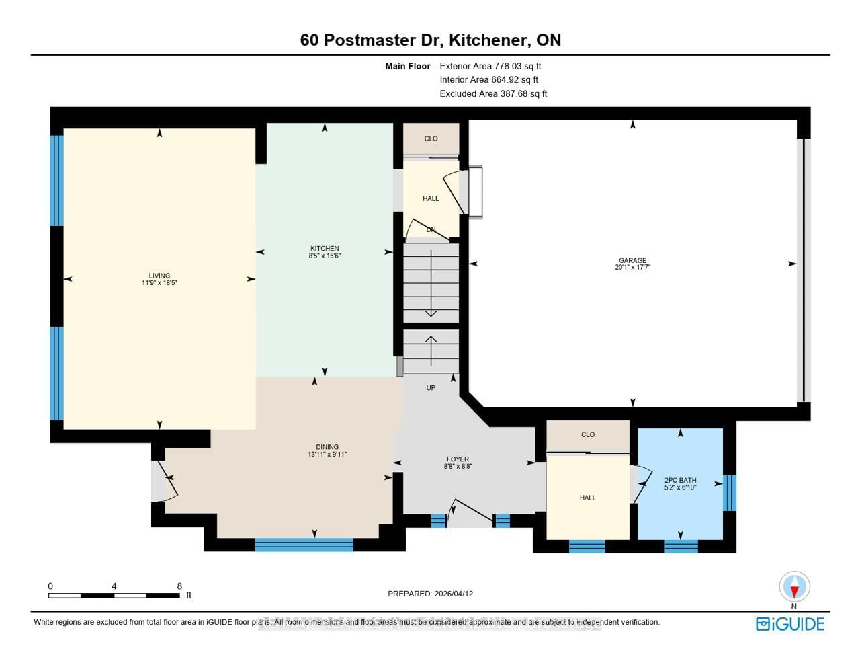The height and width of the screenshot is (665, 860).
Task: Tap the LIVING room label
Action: [x=159, y=276]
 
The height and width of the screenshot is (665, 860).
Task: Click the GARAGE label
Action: [x=632, y=260]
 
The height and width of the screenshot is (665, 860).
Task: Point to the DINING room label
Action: [x=327, y=447]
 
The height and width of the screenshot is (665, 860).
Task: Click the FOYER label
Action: [x=458, y=459]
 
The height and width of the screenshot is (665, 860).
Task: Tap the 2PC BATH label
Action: [x=680, y=480]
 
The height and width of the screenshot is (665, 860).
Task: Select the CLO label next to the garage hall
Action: [x=431, y=139]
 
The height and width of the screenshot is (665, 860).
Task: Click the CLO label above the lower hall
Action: [x=588, y=434]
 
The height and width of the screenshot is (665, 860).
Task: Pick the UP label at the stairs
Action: [x=431, y=388]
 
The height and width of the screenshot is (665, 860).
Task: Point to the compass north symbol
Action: [x=794, y=588]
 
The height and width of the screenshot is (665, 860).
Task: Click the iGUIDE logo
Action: [x=790, y=624]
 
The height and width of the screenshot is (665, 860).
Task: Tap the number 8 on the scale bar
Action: [x=179, y=586]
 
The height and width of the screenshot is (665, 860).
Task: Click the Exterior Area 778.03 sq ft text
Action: [x=490, y=66]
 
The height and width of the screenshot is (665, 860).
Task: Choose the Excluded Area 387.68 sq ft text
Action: [x=493, y=94]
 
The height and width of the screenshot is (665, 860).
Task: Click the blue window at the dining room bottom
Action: [x=304, y=545]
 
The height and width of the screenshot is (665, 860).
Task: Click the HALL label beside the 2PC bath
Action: [x=588, y=498]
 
